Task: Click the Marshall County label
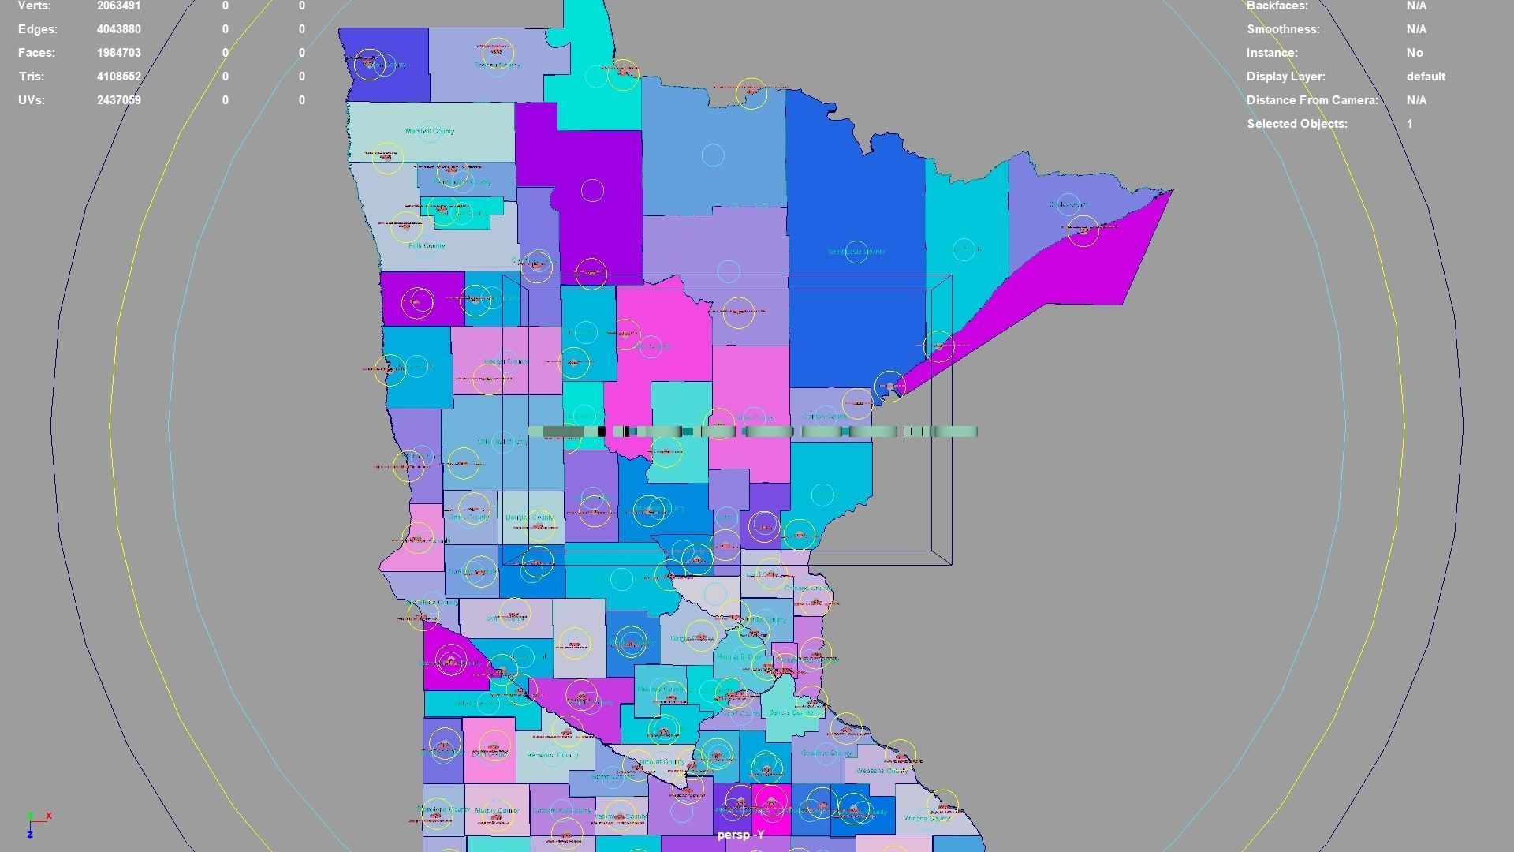coord(430,131)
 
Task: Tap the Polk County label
coord(427,245)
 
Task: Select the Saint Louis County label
coord(856,252)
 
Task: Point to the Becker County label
coord(506,361)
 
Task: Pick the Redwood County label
coord(552,755)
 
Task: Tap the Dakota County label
coord(791,712)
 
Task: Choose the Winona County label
coord(927,818)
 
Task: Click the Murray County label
coord(497,810)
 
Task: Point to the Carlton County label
coord(825,417)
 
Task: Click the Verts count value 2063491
coord(119,6)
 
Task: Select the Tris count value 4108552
coord(119,77)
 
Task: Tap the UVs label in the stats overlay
coord(32,100)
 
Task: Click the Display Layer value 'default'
coord(1426,77)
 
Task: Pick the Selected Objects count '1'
coord(1409,124)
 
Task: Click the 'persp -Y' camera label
coord(740,835)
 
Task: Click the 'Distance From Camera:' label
coord(1312,100)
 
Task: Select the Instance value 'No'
coord(1415,53)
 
